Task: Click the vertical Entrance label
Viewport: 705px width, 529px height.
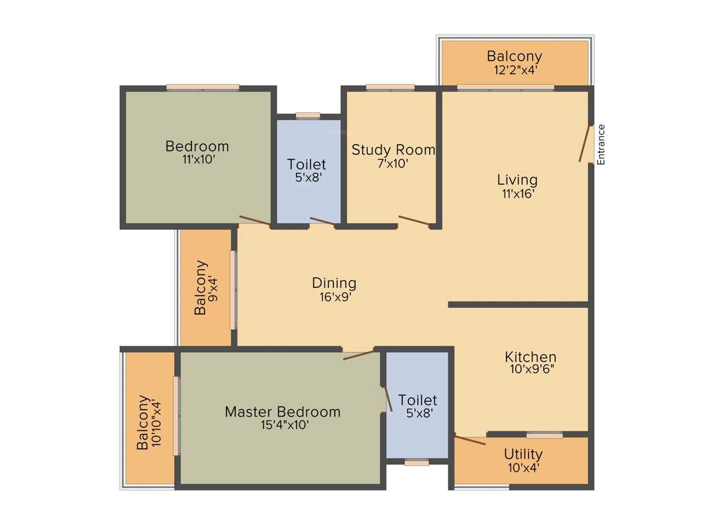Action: coord(601,144)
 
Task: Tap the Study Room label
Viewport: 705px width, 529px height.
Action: coord(393,149)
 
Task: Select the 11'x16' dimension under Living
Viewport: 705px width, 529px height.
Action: coord(518,194)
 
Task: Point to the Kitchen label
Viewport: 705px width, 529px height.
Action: coord(530,357)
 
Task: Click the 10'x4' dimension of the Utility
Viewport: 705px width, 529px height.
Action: coord(523,467)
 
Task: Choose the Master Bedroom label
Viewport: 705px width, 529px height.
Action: coord(282,412)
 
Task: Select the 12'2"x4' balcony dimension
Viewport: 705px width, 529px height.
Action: coord(514,69)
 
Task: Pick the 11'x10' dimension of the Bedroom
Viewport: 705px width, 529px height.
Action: coord(197,159)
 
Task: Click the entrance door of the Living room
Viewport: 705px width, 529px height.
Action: coord(585,143)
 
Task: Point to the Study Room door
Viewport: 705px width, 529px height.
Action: coord(414,220)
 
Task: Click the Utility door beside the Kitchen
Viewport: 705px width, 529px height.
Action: coord(470,439)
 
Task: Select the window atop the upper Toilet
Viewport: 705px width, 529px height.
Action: coord(308,115)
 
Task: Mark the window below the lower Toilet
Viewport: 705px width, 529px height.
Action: coord(417,463)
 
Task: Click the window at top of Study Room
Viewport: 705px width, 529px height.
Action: coord(390,87)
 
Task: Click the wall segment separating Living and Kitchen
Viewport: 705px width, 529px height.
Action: coord(518,304)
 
